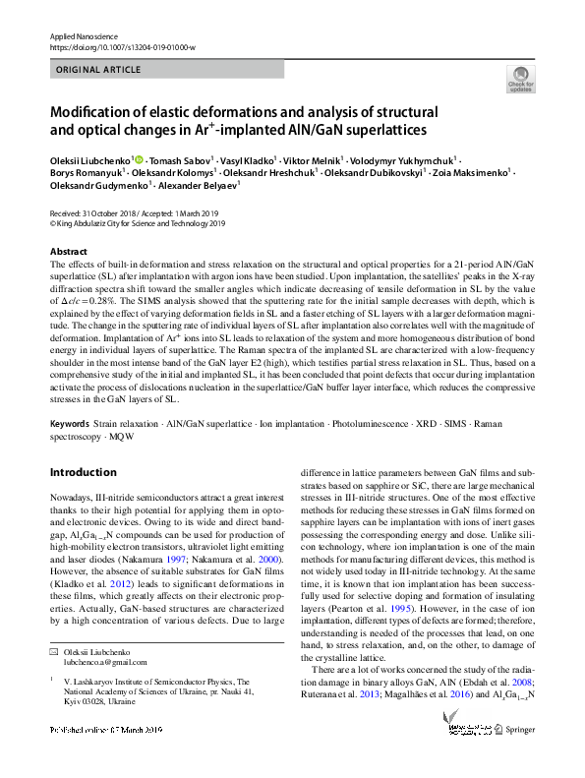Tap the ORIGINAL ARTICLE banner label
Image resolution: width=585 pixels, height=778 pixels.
98,71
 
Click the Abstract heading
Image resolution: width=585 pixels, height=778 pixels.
68,253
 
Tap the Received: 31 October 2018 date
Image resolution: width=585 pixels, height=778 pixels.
88,213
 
